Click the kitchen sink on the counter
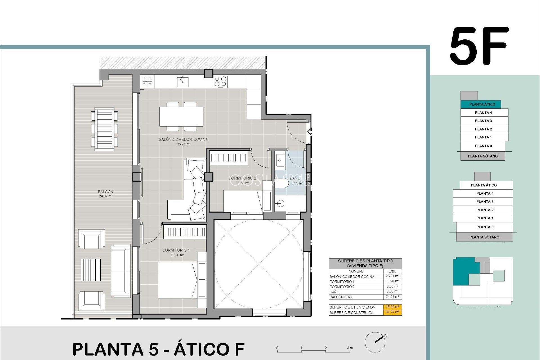coord(183,82)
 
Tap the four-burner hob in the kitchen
coord(220,82)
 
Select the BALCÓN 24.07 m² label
coord(106,194)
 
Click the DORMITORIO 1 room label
coord(176,250)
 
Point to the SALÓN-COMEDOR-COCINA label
coord(183,139)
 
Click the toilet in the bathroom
coord(282,183)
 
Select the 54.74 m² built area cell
coord(392,312)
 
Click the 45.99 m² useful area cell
coord(392,307)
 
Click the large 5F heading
coord(479,46)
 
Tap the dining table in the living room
coord(181,117)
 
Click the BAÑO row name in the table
coord(334,292)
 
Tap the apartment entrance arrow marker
coord(309,132)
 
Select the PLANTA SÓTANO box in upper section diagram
coord(483,156)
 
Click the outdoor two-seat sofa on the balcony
coord(121,271)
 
